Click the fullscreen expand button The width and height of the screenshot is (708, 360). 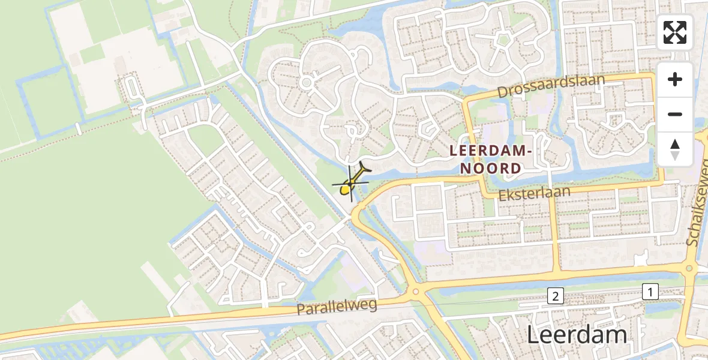tap(675, 32)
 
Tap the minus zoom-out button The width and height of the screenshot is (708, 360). tap(675, 115)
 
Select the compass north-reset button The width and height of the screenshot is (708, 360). tap(675, 149)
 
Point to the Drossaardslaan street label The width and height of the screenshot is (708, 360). tap(551, 87)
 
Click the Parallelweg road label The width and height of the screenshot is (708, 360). tap(337, 307)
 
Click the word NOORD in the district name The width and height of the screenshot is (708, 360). tap(491, 169)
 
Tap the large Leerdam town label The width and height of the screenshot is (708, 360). tap(577, 335)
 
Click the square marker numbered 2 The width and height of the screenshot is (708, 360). tap(556, 295)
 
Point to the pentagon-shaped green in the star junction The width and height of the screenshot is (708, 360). tap(503, 41)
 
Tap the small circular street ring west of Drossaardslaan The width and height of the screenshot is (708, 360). tap(307, 82)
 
